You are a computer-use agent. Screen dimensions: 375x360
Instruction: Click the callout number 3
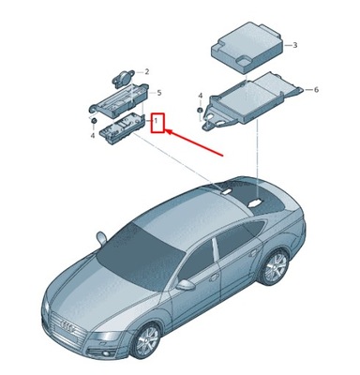(x=293, y=45)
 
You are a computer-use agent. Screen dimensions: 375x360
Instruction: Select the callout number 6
(x=316, y=89)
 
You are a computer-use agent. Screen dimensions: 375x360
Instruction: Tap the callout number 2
(x=146, y=71)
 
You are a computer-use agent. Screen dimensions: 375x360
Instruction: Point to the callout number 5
(x=158, y=93)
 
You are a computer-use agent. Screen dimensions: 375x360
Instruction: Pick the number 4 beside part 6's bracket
(x=201, y=95)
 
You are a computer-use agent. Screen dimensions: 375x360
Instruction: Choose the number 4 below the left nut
(x=92, y=136)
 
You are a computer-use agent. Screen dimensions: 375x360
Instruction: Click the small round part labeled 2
(x=125, y=73)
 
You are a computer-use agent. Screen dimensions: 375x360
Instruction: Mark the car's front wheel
(x=147, y=340)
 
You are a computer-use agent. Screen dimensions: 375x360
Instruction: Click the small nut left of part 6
(x=201, y=112)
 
